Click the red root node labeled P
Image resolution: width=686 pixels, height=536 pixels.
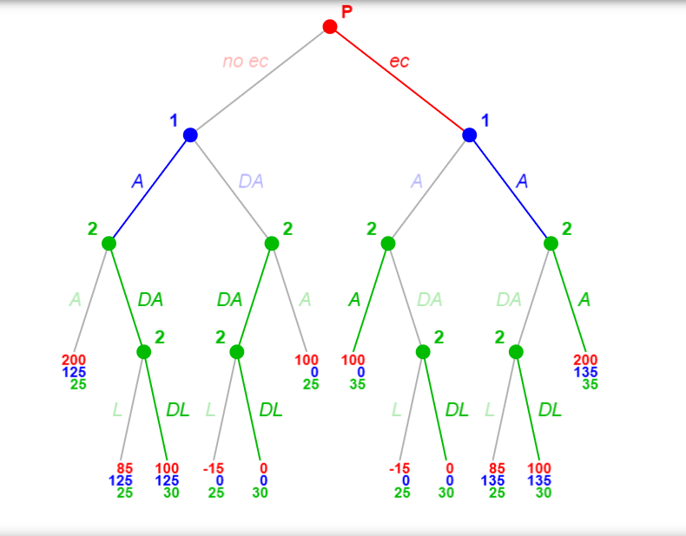(x=330, y=27)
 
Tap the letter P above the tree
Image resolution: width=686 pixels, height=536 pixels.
(x=347, y=11)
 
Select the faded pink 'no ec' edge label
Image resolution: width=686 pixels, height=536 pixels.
(x=246, y=62)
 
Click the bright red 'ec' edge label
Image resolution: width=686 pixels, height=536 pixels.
(x=399, y=62)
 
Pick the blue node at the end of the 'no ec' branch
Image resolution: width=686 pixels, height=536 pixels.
(x=190, y=134)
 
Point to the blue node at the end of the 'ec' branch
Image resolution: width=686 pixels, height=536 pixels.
(x=470, y=134)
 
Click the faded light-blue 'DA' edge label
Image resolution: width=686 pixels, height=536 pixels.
(x=251, y=181)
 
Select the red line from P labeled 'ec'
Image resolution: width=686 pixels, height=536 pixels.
(x=399, y=81)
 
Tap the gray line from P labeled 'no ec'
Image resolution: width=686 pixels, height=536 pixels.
(x=261, y=81)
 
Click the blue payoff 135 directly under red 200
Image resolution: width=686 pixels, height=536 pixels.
(x=586, y=372)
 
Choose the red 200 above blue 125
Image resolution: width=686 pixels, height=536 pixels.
(x=74, y=360)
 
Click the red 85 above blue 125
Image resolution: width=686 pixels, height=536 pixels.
(x=123, y=469)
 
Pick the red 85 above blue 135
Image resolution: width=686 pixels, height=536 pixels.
(x=496, y=469)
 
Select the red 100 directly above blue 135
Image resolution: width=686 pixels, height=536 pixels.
(x=539, y=469)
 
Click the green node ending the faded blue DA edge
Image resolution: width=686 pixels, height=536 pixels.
(x=271, y=243)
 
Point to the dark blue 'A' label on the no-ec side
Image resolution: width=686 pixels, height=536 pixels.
(x=137, y=181)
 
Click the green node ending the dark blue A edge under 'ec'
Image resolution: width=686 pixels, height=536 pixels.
(x=551, y=243)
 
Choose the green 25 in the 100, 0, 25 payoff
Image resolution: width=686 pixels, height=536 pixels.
(x=311, y=384)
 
